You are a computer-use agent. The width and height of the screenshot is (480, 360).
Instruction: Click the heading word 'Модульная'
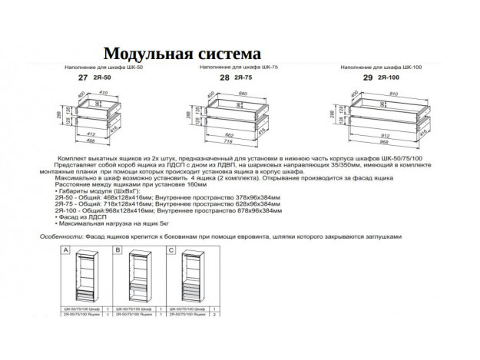[144, 54]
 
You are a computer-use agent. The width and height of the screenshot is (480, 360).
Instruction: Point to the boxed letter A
[66, 250]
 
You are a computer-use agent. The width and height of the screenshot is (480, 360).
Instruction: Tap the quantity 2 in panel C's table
[216, 315]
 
